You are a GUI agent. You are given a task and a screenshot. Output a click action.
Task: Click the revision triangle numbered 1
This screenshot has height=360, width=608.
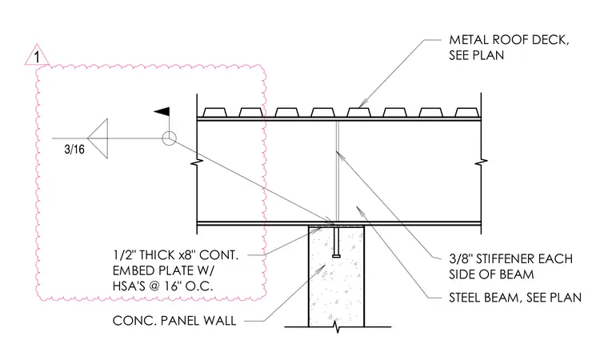38,55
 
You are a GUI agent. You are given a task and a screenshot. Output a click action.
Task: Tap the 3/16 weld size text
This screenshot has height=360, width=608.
74,150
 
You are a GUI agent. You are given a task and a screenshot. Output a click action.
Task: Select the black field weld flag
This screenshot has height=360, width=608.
162,112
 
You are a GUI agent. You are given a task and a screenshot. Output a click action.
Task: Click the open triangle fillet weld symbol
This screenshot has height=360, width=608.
98,138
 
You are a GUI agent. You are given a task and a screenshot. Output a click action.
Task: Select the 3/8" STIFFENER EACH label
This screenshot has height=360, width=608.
510,258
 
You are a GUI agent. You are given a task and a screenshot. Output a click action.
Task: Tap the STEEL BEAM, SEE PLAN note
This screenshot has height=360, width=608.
515,298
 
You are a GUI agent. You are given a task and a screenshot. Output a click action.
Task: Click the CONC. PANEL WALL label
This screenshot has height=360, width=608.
174,321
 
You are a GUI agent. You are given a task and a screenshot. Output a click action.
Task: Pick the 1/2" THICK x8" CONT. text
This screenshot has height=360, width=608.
175,255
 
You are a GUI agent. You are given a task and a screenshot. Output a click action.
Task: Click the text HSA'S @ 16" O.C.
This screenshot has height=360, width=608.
163,286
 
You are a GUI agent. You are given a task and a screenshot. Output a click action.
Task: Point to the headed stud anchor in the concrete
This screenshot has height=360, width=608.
336,242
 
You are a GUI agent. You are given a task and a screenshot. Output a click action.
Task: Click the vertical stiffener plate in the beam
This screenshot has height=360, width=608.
337,171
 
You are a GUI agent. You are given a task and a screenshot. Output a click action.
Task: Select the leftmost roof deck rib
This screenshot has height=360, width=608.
215,112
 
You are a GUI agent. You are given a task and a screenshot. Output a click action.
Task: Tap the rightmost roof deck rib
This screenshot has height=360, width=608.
466,112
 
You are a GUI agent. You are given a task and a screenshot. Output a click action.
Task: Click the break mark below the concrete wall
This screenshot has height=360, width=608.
337,328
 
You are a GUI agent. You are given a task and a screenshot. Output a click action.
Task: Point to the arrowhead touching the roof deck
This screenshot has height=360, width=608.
362,103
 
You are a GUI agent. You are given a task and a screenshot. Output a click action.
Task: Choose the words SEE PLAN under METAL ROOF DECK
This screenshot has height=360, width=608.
477,55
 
